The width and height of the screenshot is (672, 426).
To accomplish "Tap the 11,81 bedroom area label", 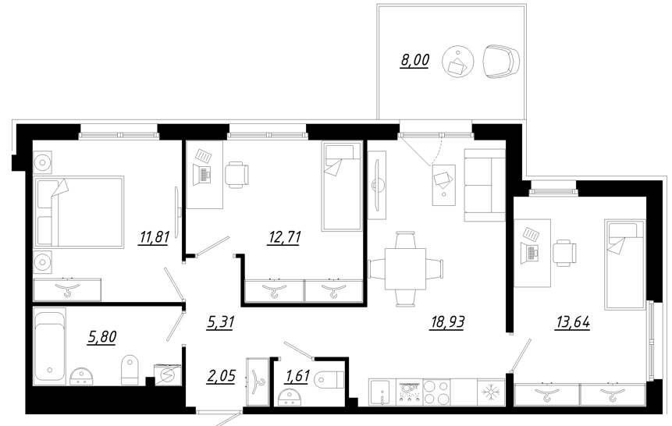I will [x=154, y=237].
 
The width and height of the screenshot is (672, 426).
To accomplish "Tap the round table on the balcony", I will [x=457, y=62].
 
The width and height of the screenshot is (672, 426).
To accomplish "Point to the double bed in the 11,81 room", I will [x=78, y=211].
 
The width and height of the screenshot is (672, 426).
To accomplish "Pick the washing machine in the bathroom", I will [x=167, y=374].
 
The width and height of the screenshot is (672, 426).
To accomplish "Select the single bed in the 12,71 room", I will [x=343, y=186].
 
